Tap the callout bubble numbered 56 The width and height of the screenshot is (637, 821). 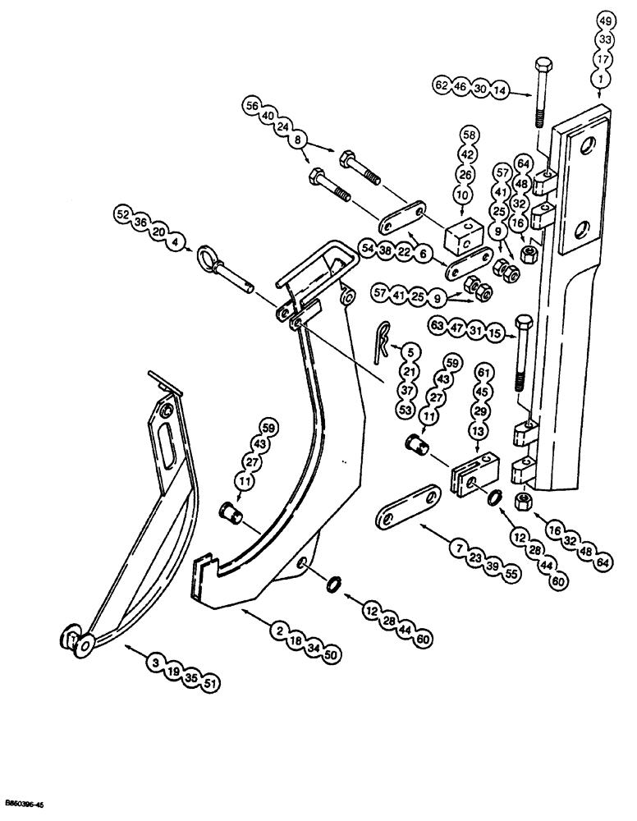[251, 105]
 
